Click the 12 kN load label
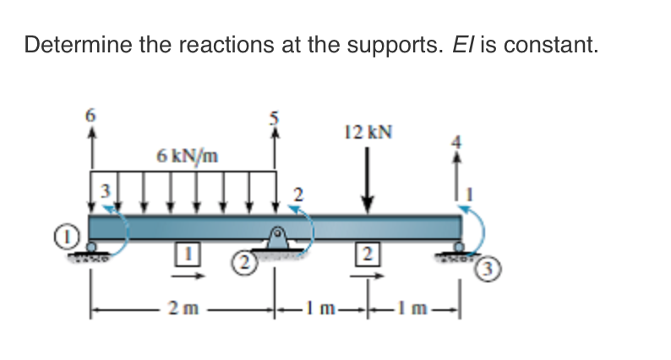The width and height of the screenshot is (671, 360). (368, 132)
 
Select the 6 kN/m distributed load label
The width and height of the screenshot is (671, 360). (187, 155)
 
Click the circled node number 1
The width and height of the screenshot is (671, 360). (74, 231)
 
